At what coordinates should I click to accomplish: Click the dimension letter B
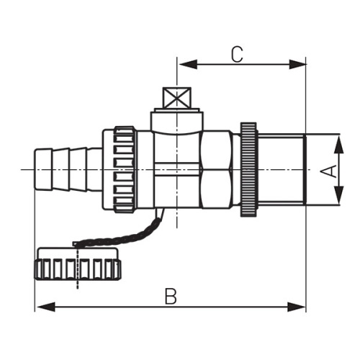click(x=171, y=296)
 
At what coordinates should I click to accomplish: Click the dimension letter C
click(x=237, y=55)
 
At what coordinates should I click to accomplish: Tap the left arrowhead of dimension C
click(x=188, y=64)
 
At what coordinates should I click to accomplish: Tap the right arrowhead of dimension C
click(x=297, y=64)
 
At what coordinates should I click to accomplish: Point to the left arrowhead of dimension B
click(x=45, y=307)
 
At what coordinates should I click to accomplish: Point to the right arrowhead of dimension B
click(x=297, y=307)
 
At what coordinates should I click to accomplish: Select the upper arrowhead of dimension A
click(x=339, y=144)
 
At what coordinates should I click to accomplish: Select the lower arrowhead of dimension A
click(x=339, y=195)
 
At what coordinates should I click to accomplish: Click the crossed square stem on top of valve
click(x=177, y=98)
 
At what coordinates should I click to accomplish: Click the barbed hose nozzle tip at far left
click(x=43, y=170)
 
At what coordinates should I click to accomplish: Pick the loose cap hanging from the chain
click(x=78, y=264)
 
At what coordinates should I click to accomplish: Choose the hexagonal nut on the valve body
click(x=217, y=170)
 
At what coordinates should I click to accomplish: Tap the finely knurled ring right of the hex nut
click(x=249, y=170)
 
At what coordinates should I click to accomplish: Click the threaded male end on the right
click(x=282, y=170)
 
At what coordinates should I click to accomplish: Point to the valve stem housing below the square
click(x=177, y=120)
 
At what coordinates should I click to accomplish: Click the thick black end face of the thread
click(x=305, y=170)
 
